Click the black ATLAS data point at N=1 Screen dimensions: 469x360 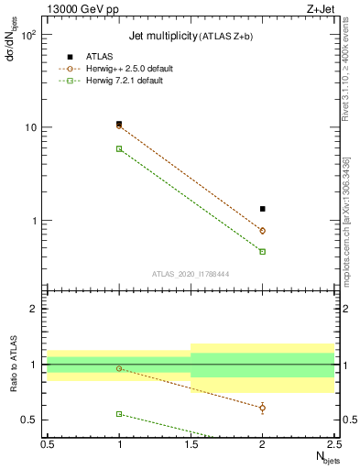pyautogui.click(x=119, y=124)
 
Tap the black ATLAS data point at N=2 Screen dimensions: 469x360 pyautogui.click(x=263, y=209)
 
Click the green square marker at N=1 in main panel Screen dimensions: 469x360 pyautogui.click(x=119, y=148)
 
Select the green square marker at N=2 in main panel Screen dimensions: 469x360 pyautogui.click(x=263, y=251)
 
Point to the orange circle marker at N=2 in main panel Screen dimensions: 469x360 pyautogui.click(x=263, y=231)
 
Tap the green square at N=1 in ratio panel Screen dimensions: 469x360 pyautogui.click(x=119, y=414)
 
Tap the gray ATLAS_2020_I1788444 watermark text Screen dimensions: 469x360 pyautogui.click(x=191, y=273)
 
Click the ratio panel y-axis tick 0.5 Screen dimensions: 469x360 pyautogui.click(x=33, y=420)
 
